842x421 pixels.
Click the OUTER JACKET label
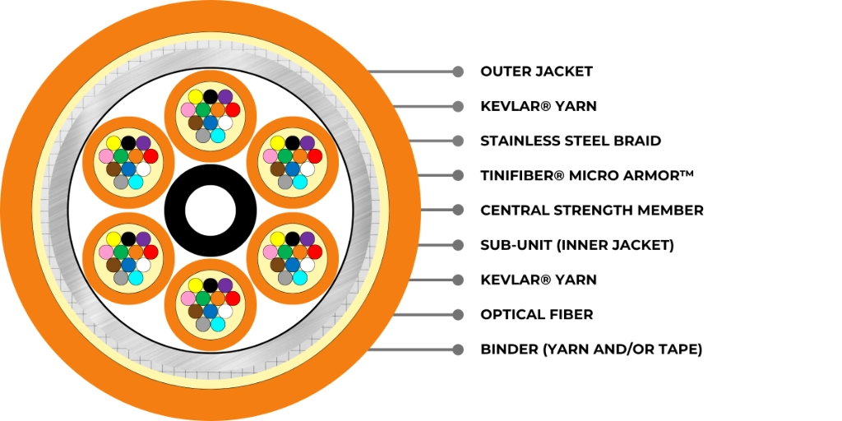pyautogui.click(x=536, y=72)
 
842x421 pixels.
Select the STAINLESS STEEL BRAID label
pyautogui.click(x=571, y=141)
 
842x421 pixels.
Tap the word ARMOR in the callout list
pyautogui.click(x=657, y=175)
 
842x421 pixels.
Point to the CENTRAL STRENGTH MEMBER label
pyautogui.click(x=592, y=210)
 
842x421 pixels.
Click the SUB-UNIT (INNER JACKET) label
pyautogui.click(x=576, y=245)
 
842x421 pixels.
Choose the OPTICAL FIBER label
pyautogui.click(x=537, y=314)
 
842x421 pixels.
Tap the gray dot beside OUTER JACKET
pyautogui.click(x=457, y=72)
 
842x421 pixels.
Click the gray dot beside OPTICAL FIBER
pyautogui.click(x=457, y=314)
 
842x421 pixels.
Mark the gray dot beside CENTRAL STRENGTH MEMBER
pyautogui.click(x=457, y=210)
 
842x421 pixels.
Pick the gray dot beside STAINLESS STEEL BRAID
pyautogui.click(x=457, y=141)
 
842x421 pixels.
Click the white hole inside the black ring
pyautogui.click(x=210, y=210)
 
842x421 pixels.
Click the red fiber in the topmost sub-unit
pyautogui.click(x=233, y=110)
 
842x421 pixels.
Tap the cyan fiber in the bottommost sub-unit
pyautogui.click(x=217, y=324)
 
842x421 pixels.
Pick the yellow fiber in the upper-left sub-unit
pyautogui.click(x=113, y=143)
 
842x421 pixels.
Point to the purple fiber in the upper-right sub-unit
pyautogui.click(x=308, y=143)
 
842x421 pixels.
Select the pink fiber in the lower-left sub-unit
pyautogui.click(x=106, y=252)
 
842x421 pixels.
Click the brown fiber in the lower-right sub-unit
pyautogui.click(x=277, y=264)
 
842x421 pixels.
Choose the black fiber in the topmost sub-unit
pyautogui.click(x=210, y=97)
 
